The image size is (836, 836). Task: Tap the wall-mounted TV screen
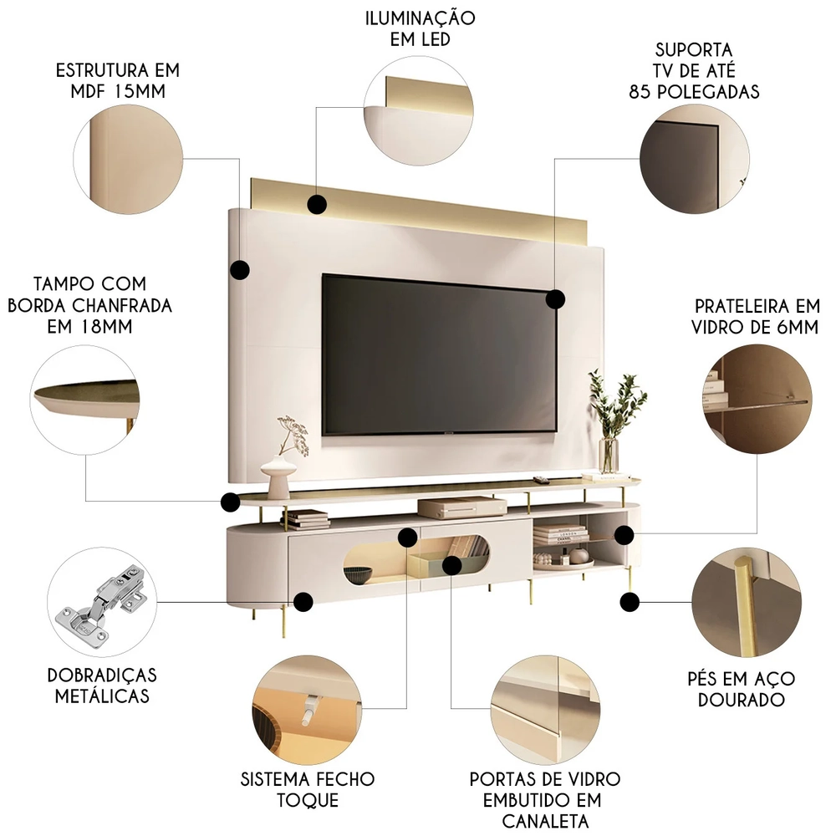[439, 355]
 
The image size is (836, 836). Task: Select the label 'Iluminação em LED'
[420, 29]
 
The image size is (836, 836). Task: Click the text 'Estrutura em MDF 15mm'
[117, 80]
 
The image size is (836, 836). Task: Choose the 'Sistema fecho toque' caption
[308, 789]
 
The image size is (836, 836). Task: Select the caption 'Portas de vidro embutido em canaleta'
[545, 800]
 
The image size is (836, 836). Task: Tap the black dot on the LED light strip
[317, 204]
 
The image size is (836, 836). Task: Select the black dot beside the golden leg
[630, 600]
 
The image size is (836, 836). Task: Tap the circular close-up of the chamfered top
[86, 402]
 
